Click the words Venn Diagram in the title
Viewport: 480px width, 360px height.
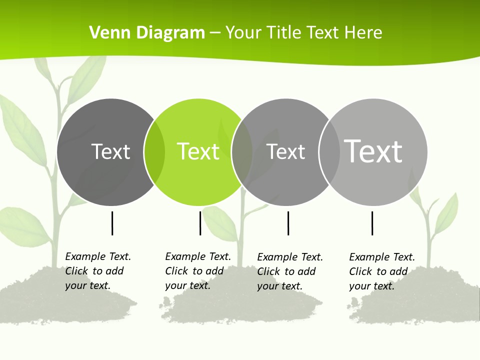tap(147, 32)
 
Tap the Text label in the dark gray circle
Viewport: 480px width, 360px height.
tap(110, 151)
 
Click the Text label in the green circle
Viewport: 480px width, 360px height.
tap(198, 151)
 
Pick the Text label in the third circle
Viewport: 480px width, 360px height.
tap(285, 151)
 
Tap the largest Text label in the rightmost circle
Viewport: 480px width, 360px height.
tap(373, 151)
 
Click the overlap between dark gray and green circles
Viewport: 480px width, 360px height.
tap(154, 152)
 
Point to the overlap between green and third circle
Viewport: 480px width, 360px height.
tap(242, 152)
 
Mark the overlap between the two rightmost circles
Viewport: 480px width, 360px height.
tap(329, 152)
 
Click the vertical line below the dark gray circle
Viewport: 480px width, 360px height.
tap(112, 223)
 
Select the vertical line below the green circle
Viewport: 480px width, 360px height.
tap(200, 223)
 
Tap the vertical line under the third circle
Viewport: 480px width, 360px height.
tap(288, 223)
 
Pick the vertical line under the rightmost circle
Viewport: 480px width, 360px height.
tap(372, 223)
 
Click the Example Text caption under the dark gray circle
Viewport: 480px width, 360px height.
tap(98, 271)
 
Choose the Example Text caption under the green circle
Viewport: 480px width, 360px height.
tap(198, 271)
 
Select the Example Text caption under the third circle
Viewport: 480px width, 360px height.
tap(290, 271)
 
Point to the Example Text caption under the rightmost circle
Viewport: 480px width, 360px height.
tap(382, 271)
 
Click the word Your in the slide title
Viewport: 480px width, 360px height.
tap(242, 32)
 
